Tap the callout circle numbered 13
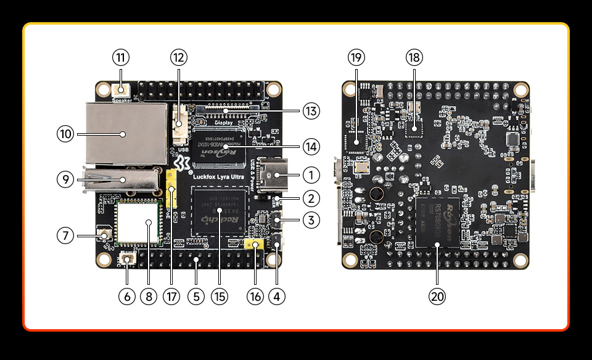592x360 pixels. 311,112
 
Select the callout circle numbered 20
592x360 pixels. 437,297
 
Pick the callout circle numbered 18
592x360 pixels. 414,58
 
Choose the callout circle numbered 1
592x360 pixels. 311,175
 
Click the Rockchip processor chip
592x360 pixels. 218,211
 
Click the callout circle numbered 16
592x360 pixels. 255,297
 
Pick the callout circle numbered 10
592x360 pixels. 65,133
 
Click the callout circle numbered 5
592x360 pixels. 195,297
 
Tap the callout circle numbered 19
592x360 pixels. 356,58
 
